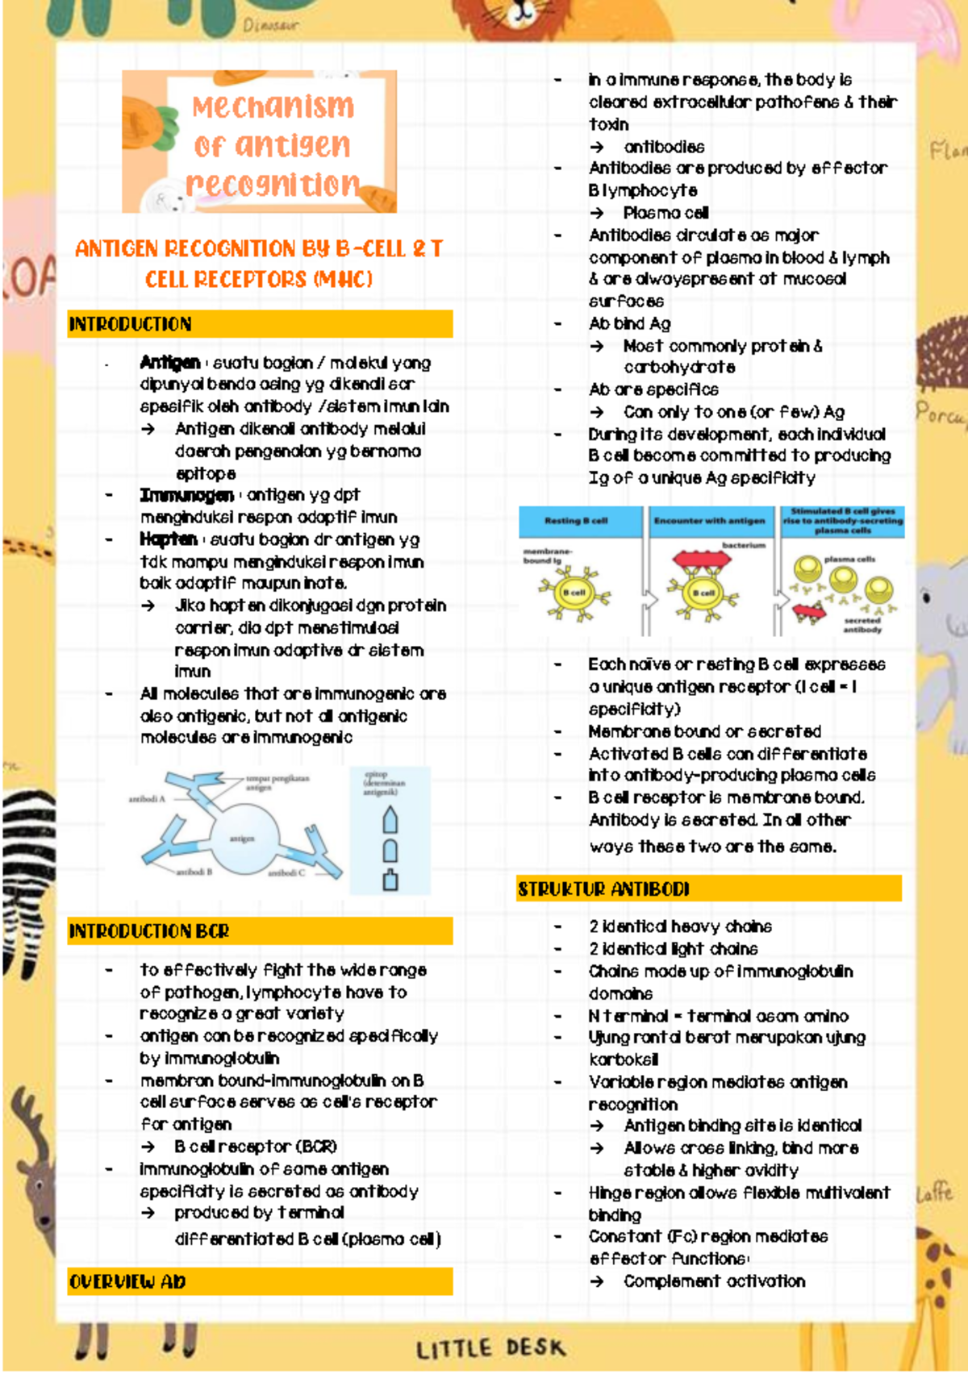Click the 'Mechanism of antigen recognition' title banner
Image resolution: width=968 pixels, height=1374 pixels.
pyautogui.click(x=260, y=143)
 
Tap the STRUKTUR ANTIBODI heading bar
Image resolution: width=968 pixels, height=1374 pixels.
pyautogui.click(x=603, y=889)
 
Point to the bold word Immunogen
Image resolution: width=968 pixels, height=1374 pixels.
pyautogui.click(x=186, y=495)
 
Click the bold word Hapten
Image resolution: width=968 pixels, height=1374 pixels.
pyautogui.click(x=168, y=539)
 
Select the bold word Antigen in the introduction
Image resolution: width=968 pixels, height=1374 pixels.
pyautogui.click(x=169, y=363)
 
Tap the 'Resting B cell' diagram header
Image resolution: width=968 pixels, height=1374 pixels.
pyautogui.click(x=576, y=521)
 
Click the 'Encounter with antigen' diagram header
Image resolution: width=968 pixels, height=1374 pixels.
pyautogui.click(x=709, y=521)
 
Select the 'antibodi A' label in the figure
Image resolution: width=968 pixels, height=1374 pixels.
pyautogui.click(x=146, y=799)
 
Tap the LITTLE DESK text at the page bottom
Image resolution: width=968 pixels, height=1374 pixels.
pyautogui.click(x=490, y=1347)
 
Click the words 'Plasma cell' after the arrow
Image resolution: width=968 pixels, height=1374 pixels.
pyautogui.click(x=665, y=213)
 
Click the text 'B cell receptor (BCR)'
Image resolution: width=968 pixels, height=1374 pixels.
pyautogui.click(x=256, y=1147)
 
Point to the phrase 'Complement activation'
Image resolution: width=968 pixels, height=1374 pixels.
pyautogui.click(x=714, y=1281)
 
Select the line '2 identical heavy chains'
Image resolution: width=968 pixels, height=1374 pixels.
pyautogui.click(x=680, y=926)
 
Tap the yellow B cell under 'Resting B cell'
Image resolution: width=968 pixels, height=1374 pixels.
pyautogui.click(x=574, y=593)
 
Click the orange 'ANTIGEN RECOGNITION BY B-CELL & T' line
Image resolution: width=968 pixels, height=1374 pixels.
pyautogui.click(x=259, y=248)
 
